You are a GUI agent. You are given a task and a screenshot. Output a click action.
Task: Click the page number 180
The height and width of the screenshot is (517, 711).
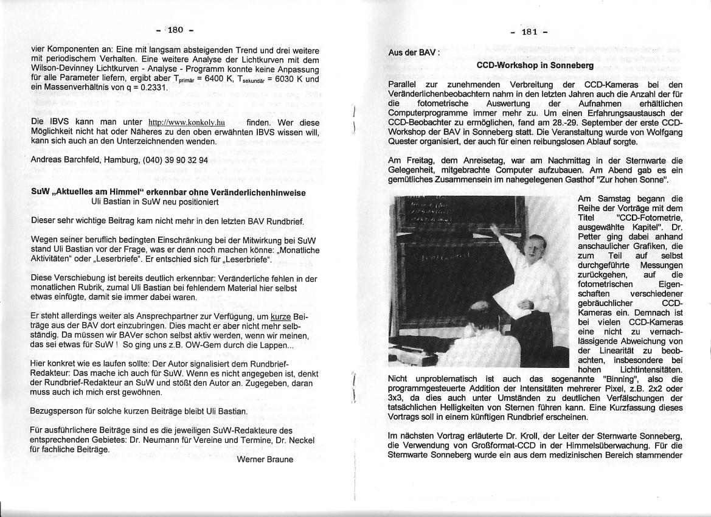coord(175,29)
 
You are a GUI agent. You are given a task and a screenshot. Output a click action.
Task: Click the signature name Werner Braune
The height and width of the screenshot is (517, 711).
coord(265,459)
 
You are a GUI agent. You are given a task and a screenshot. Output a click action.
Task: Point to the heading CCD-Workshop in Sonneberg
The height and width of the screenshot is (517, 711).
coord(535,65)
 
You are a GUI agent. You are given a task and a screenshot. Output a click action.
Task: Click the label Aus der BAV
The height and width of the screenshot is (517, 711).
coord(412,52)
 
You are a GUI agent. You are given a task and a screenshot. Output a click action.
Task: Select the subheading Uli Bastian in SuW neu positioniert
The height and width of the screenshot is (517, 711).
coord(154,201)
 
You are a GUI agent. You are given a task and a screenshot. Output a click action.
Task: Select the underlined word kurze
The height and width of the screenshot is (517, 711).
coord(280,317)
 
